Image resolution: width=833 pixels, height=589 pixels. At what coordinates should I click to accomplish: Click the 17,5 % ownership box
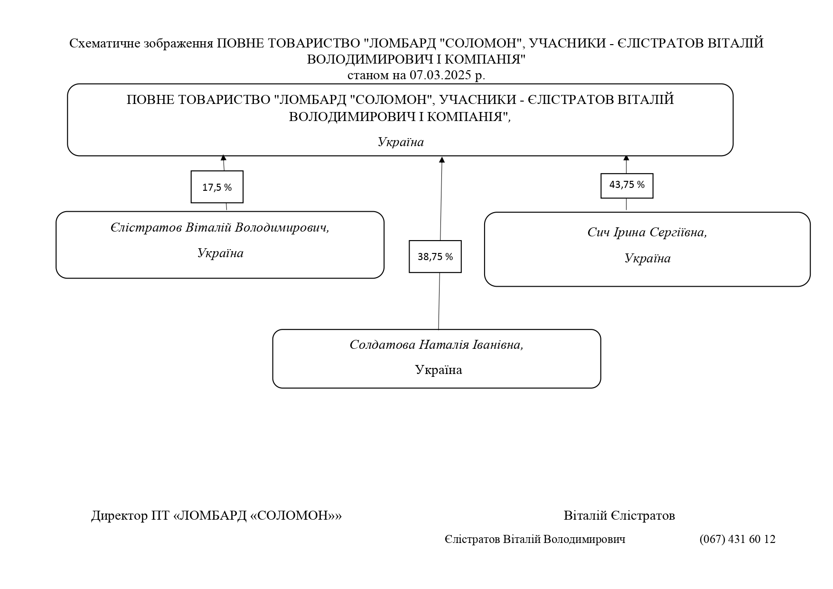click(217, 187)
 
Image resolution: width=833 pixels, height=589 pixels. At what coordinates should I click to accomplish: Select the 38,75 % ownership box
click(435, 257)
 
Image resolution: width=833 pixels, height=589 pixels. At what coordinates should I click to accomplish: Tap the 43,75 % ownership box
click(627, 186)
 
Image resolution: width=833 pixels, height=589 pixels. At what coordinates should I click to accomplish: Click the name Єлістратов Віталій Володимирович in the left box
click(220, 228)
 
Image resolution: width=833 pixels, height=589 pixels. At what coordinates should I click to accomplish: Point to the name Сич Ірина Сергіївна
click(647, 233)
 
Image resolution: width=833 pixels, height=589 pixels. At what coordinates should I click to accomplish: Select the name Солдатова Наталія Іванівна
click(436, 345)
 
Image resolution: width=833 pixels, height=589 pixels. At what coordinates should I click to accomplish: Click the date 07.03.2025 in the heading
click(440, 75)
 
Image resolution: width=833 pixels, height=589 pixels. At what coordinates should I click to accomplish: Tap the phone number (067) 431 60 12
click(737, 539)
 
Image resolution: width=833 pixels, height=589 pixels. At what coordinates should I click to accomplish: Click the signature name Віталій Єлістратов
click(619, 515)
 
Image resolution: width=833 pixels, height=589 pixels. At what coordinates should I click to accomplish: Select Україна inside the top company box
click(401, 142)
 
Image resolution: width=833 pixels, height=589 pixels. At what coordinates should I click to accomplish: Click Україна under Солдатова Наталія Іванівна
click(439, 370)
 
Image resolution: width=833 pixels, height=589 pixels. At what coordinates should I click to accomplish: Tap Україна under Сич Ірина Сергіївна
click(647, 259)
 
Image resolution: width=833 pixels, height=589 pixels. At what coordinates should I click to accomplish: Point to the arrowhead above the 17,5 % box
click(223, 158)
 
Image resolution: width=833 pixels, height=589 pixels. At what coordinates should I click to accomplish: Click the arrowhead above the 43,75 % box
click(626, 158)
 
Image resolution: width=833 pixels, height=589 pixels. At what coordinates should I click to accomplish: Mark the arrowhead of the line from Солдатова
click(442, 160)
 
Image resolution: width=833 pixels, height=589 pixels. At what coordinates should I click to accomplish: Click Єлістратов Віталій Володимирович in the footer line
click(535, 539)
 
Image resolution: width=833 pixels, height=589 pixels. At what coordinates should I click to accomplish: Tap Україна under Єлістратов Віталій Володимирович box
click(220, 253)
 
